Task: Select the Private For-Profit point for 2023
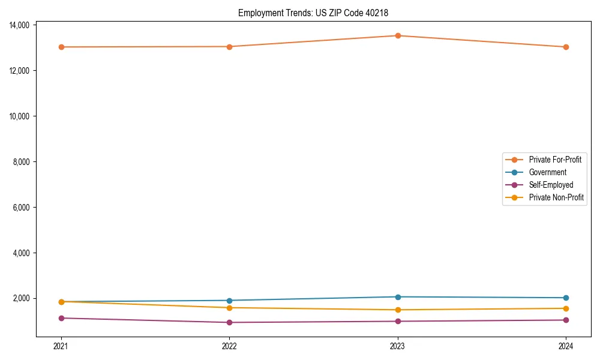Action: [x=398, y=35]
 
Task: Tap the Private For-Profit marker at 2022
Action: [x=229, y=46]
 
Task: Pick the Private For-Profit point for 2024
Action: [x=566, y=47]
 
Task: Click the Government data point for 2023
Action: [x=398, y=297]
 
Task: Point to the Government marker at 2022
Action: [x=229, y=301]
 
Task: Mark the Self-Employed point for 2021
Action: [x=61, y=318]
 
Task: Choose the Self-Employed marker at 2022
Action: [x=229, y=322]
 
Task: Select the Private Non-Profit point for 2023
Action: [x=398, y=310]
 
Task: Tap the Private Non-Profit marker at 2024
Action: [x=566, y=308]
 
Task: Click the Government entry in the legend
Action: [x=547, y=172]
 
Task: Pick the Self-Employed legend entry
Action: [x=551, y=185]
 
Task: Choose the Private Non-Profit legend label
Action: [x=556, y=197]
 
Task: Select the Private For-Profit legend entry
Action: [x=555, y=160]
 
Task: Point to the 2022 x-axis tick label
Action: [x=229, y=346]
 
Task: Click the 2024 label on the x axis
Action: [x=566, y=346]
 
